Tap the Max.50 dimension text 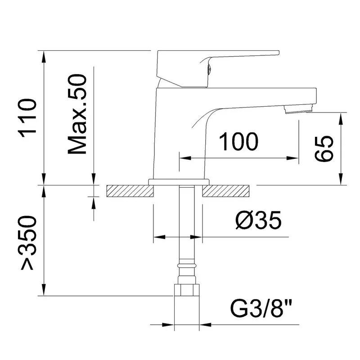(x=77, y=114)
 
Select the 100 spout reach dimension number (x=238, y=142)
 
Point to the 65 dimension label (x=324, y=149)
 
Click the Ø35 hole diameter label (x=258, y=220)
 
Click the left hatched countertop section (x=130, y=191)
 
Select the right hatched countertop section (x=225, y=191)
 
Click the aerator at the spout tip (x=298, y=109)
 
